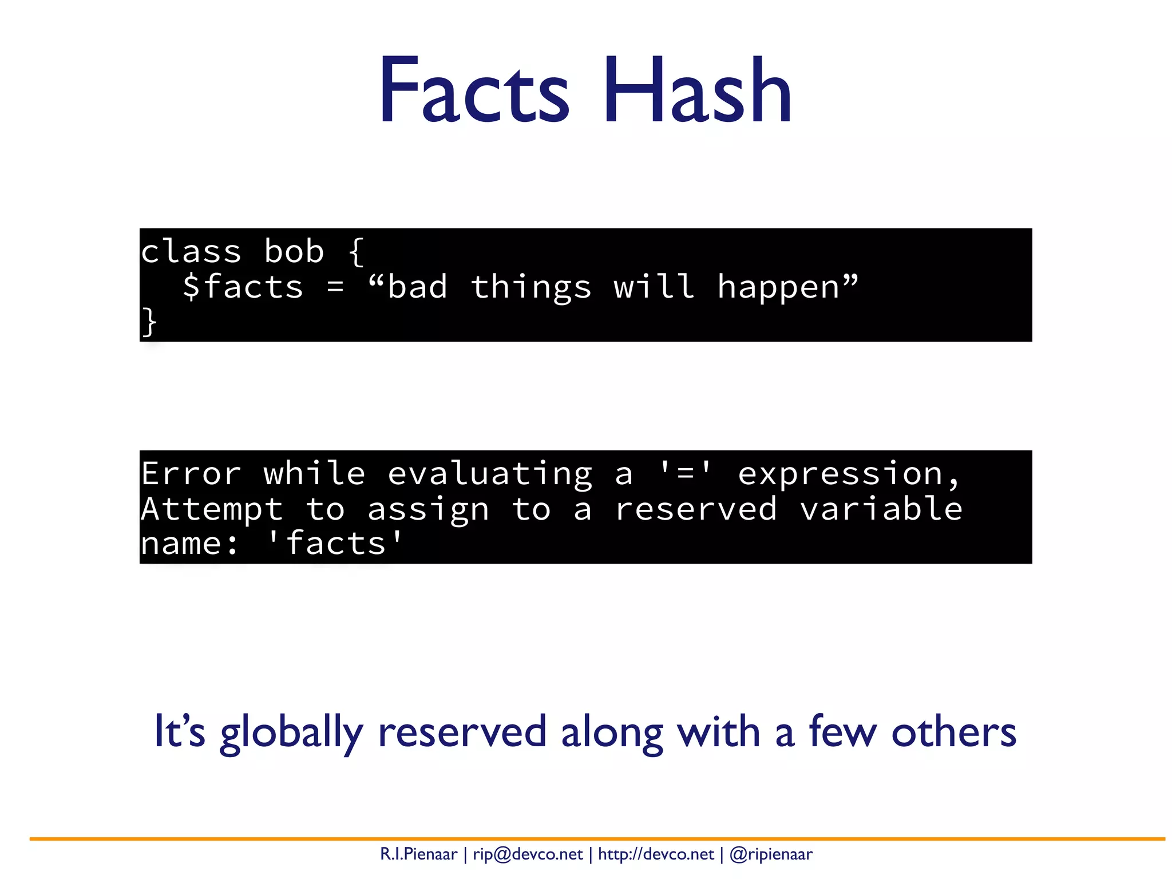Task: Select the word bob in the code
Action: coord(294,252)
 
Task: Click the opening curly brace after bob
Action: coord(356,252)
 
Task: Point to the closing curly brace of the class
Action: coord(149,322)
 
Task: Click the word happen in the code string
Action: coord(778,287)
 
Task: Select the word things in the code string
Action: coord(531,287)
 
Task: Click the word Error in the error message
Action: coord(191,474)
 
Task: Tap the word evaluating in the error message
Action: coord(490,475)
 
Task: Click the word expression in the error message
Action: coord(840,475)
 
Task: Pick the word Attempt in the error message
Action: coord(212,509)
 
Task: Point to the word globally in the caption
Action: coord(292,732)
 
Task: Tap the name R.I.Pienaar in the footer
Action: coord(419,854)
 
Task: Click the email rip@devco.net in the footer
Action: coord(528,854)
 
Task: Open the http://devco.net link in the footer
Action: coord(656,854)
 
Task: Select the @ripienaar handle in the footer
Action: coord(771,854)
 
